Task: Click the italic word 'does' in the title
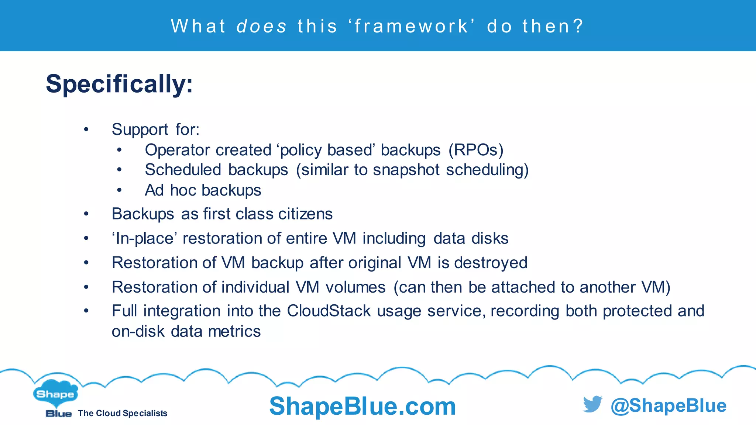pyautogui.click(x=261, y=26)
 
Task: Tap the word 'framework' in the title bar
pyautogui.click(x=412, y=26)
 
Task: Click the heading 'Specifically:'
pyautogui.click(x=119, y=84)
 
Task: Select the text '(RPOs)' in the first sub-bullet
pyautogui.click(x=476, y=150)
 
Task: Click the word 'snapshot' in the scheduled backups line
pyautogui.click(x=406, y=170)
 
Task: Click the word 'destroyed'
pyautogui.click(x=491, y=263)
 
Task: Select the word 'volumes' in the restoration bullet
pyautogui.click(x=355, y=287)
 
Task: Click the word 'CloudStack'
pyautogui.click(x=329, y=311)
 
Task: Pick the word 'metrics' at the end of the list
pyautogui.click(x=234, y=331)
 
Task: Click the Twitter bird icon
pyautogui.click(x=592, y=404)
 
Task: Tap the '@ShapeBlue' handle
pyautogui.click(x=669, y=405)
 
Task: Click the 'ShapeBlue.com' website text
pyautogui.click(x=362, y=406)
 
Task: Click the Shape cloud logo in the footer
pyautogui.click(x=55, y=394)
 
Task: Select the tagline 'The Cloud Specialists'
pyautogui.click(x=123, y=414)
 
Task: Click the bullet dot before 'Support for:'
pyautogui.click(x=86, y=129)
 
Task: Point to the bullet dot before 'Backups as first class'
pyautogui.click(x=86, y=214)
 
